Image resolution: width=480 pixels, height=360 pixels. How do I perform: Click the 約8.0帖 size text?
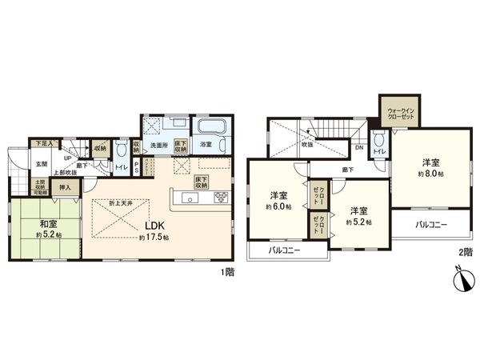pos(430,173)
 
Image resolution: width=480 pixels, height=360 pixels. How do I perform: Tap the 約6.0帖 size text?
pos(278,207)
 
